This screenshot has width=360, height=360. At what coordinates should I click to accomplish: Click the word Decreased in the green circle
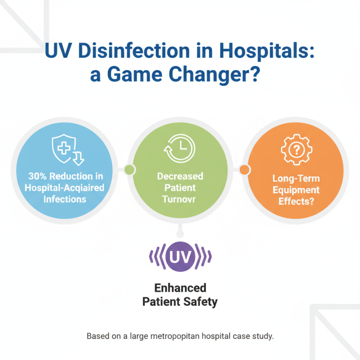click(x=180, y=175)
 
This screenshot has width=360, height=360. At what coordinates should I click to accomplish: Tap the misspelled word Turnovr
click(x=180, y=198)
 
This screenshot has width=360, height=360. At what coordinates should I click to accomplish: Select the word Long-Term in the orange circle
click(x=296, y=179)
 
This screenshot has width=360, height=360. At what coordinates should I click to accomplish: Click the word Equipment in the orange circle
click(x=296, y=190)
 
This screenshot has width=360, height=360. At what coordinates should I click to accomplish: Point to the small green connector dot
click(x=130, y=170)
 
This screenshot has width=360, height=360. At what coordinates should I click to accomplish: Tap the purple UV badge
click(x=180, y=257)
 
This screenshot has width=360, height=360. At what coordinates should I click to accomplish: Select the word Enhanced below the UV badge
click(x=180, y=288)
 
